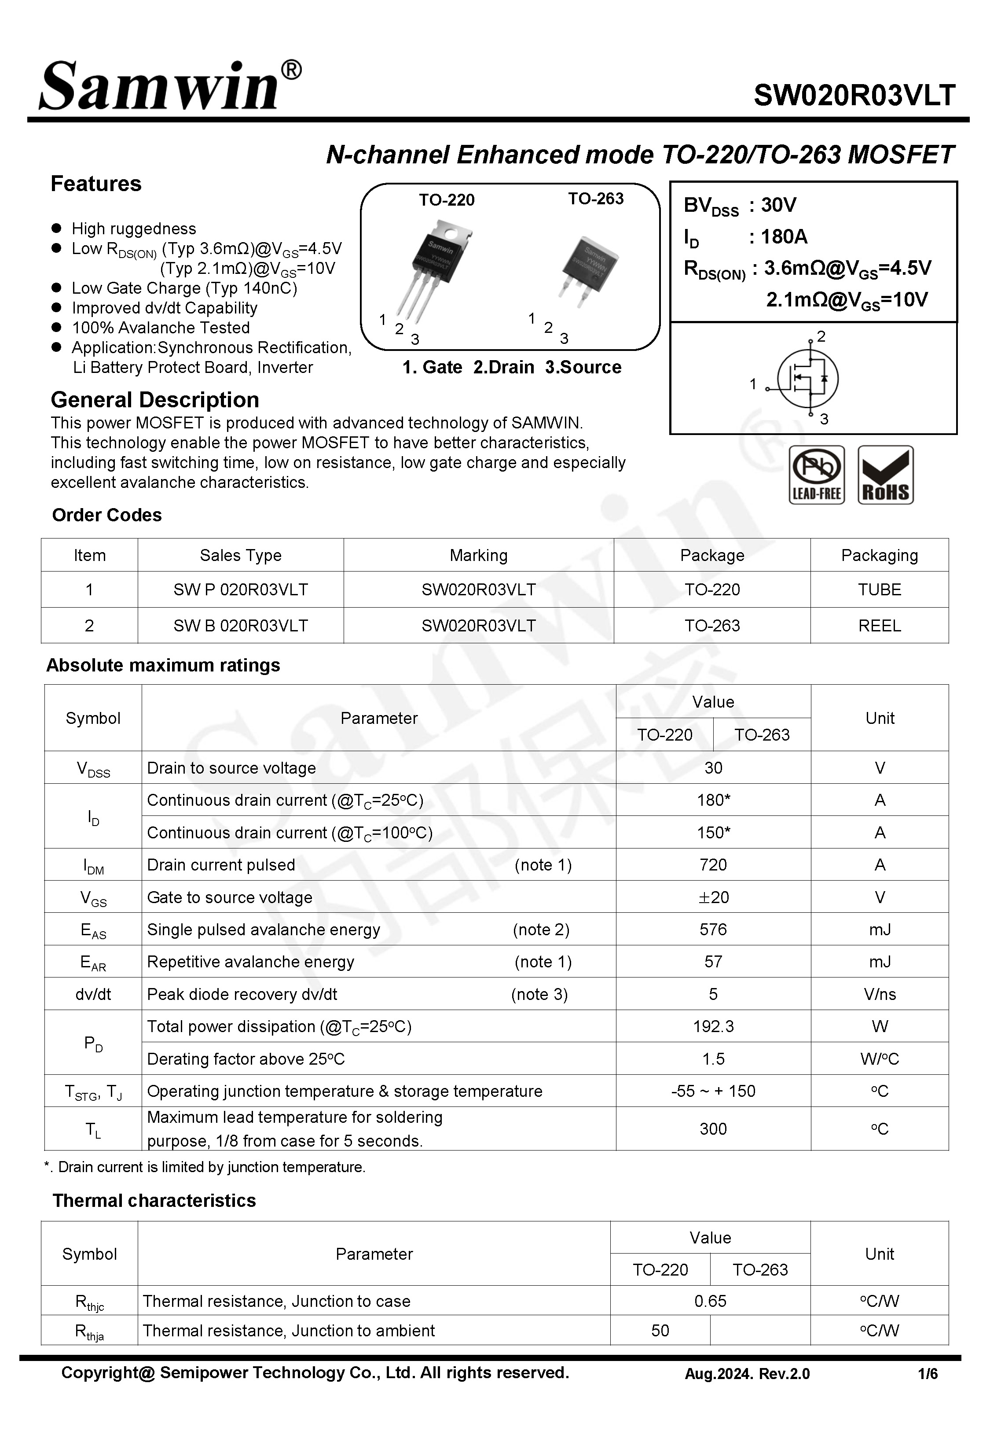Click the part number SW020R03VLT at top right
click(x=854, y=95)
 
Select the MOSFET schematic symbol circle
click(x=808, y=378)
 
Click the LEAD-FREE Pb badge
click(x=816, y=475)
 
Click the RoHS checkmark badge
click(x=885, y=475)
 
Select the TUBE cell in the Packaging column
click(x=879, y=590)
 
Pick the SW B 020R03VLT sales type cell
click(x=241, y=626)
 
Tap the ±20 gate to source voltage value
click(x=713, y=897)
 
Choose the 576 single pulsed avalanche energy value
click(x=713, y=929)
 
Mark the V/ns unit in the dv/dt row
click(x=879, y=994)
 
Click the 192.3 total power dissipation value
click(x=713, y=1026)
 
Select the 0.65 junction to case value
click(x=710, y=1301)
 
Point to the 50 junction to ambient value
click(x=660, y=1331)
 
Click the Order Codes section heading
click(x=106, y=515)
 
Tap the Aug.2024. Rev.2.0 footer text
click(x=747, y=1374)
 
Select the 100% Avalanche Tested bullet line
click(x=161, y=328)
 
